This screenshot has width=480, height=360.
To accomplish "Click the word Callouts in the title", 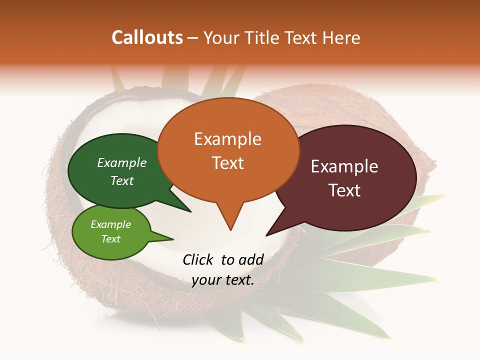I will click(147, 37).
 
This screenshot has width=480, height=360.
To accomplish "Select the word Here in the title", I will click(341, 37).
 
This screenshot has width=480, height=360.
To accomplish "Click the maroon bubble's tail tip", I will click(266, 235).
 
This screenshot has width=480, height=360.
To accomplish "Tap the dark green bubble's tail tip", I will click(190, 211).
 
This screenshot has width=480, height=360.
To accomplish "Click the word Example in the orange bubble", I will click(228, 139).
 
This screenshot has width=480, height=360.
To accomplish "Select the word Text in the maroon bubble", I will click(345, 190).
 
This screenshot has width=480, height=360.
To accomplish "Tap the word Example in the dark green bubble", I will click(122, 163).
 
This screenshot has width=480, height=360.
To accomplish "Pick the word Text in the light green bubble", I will click(111, 239).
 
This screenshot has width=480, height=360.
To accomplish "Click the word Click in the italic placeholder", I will click(198, 259).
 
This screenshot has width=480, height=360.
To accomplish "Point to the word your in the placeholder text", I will click(206, 280).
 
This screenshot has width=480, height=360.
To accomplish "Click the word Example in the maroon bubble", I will click(345, 166).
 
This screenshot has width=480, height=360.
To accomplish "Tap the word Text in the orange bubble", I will click(228, 163).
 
